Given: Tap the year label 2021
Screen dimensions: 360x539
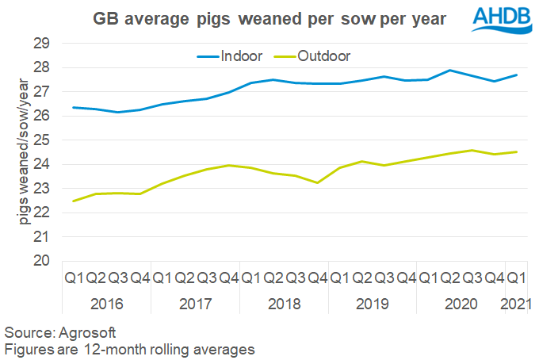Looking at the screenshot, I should click(x=515, y=304).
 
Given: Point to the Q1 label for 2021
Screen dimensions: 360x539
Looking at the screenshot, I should click(x=515, y=278).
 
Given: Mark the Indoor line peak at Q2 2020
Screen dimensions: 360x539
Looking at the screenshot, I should click(x=450, y=71).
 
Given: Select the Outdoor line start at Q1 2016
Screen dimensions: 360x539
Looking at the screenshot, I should click(x=74, y=201).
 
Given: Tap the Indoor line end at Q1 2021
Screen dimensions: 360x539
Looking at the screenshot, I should click(x=517, y=75).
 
